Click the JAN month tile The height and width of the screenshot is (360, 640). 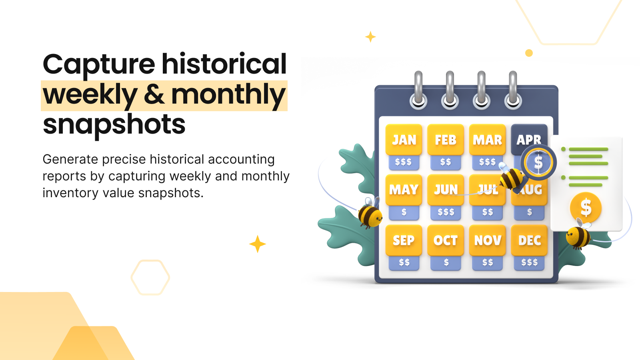404,140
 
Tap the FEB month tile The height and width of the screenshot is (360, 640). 446,140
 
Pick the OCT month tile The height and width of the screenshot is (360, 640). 446,240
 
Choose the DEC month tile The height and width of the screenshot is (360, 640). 529,240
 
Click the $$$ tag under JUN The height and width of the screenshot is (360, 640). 446,212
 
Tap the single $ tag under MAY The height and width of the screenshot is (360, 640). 404,212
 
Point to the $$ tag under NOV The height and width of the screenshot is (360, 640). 488,262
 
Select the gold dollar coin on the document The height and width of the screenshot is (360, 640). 586,208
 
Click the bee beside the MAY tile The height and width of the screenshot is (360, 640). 370,214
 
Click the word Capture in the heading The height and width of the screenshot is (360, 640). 99,64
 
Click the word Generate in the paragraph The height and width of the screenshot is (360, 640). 70,160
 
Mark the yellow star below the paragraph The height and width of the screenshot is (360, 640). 258,244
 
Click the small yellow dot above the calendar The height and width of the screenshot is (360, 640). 529,53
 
